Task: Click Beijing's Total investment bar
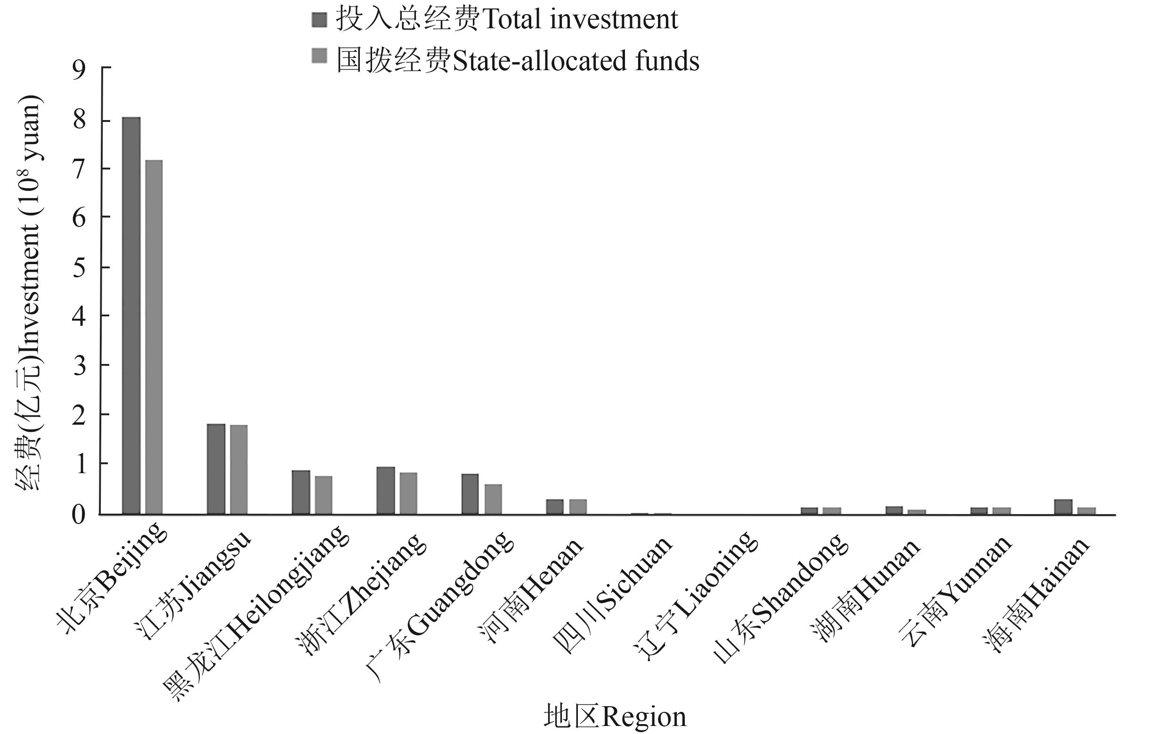(131, 315)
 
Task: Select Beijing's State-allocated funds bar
(154, 337)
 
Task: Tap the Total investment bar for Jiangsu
(216, 469)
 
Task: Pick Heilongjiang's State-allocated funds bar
(324, 494)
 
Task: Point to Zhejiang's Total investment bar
(386, 490)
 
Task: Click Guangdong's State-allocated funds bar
(493, 499)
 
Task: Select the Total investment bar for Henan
(555, 506)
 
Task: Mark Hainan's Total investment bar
(1063, 506)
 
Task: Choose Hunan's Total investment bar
(894, 510)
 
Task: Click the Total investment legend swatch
(319, 20)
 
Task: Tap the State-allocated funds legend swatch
(319, 55)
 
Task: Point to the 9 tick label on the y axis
(79, 70)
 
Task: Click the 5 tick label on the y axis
(79, 267)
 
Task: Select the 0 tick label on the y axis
(79, 515)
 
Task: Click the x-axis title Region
(615, 717)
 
